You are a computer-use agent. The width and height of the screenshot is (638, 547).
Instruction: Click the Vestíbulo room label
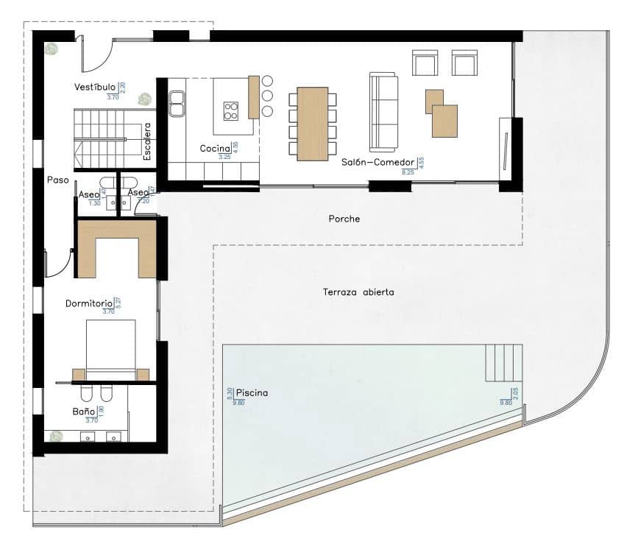[x=95, y=88]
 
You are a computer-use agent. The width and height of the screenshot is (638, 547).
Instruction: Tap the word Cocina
[x=215, y=149]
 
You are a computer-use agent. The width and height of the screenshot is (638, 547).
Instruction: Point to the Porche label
[x=344, y=219]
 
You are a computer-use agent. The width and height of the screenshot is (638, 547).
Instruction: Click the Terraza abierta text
[x=358, y=292]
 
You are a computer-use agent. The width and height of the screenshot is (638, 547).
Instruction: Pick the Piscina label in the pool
[x=252, y=393]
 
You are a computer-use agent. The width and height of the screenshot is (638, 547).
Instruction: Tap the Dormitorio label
[x=88, y=303]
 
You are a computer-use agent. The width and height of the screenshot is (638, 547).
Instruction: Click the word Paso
[x=58, y=179]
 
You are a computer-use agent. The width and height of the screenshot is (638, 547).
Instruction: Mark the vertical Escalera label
[x=147, y=141]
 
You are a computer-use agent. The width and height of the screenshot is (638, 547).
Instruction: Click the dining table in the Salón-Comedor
[x=313, y=123]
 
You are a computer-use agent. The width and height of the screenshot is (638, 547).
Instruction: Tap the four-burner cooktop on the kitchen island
[x=231, y=110]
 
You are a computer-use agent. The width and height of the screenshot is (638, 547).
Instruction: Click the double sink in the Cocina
[x=177, y=103]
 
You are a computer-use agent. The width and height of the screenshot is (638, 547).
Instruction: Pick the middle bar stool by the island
[x=267, y=96]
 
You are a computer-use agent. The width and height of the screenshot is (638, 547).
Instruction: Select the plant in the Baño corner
[x=56, y=436]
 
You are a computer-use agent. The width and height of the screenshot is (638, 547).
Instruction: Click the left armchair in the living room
[x=425, y=63]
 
